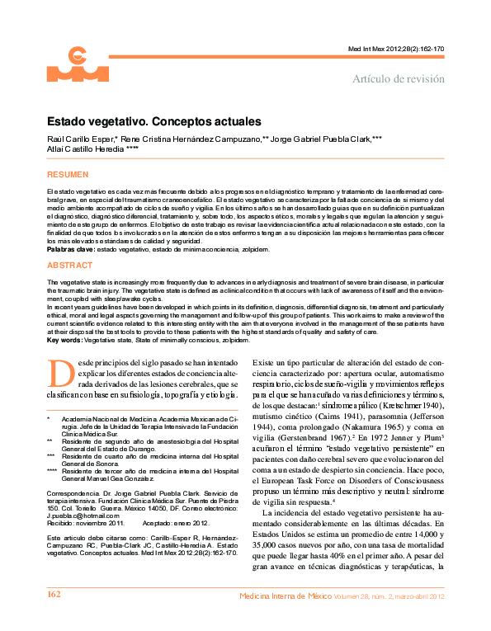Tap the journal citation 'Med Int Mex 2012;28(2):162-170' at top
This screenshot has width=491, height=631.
click(397, 49)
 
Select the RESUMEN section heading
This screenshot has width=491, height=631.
click(67, 176)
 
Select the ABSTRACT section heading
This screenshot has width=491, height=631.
click(69, 266)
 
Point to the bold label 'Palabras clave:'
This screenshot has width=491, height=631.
click(70, 248)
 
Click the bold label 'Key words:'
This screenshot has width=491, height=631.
click(64, 340)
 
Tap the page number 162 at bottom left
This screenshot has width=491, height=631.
click(54, 618)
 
